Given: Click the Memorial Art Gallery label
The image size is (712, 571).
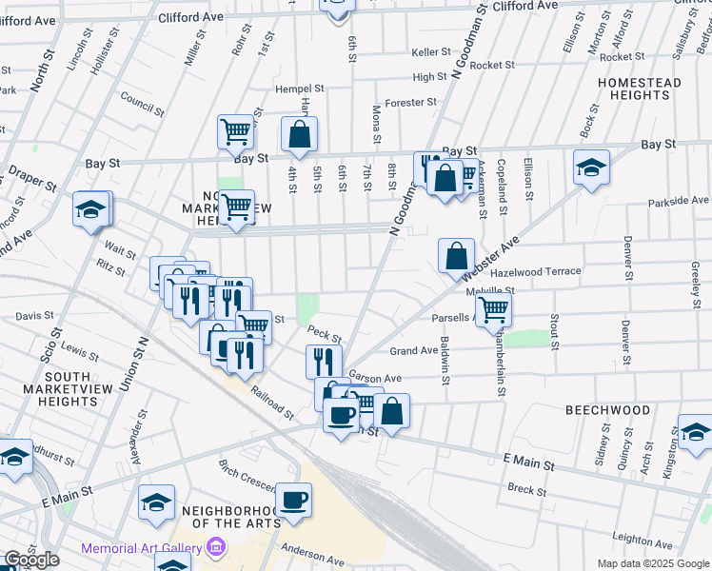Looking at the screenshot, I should [x=141, y=548].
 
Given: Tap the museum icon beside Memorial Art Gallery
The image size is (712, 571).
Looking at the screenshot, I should [x=216, y=548].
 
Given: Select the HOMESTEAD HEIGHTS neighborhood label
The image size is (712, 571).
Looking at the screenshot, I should [x=640, y=89].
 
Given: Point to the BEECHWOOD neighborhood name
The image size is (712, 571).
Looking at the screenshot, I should [x=607, y=410].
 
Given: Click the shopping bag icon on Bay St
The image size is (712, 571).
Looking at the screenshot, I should [x=299, y=135].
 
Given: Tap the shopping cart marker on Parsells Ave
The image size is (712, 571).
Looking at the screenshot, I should [x=493, y=308].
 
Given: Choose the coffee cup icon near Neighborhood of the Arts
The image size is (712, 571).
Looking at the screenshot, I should [x=293, y=500].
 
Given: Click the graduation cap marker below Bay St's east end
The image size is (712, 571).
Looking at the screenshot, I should [x=591, y=167].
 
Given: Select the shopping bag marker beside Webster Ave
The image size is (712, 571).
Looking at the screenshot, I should [x=457, y=255].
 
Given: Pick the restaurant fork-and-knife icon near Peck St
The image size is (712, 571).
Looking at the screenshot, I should [x=324, y=361].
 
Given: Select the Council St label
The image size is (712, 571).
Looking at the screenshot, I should [x=143, y=101].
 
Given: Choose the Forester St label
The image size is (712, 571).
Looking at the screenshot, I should [x=412, y=102].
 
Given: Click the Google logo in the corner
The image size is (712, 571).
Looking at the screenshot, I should [x=30, y=560].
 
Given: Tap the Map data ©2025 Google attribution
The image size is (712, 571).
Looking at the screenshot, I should [x=653, y=563].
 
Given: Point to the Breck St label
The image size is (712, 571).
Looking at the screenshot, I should [x=525, y=489].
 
